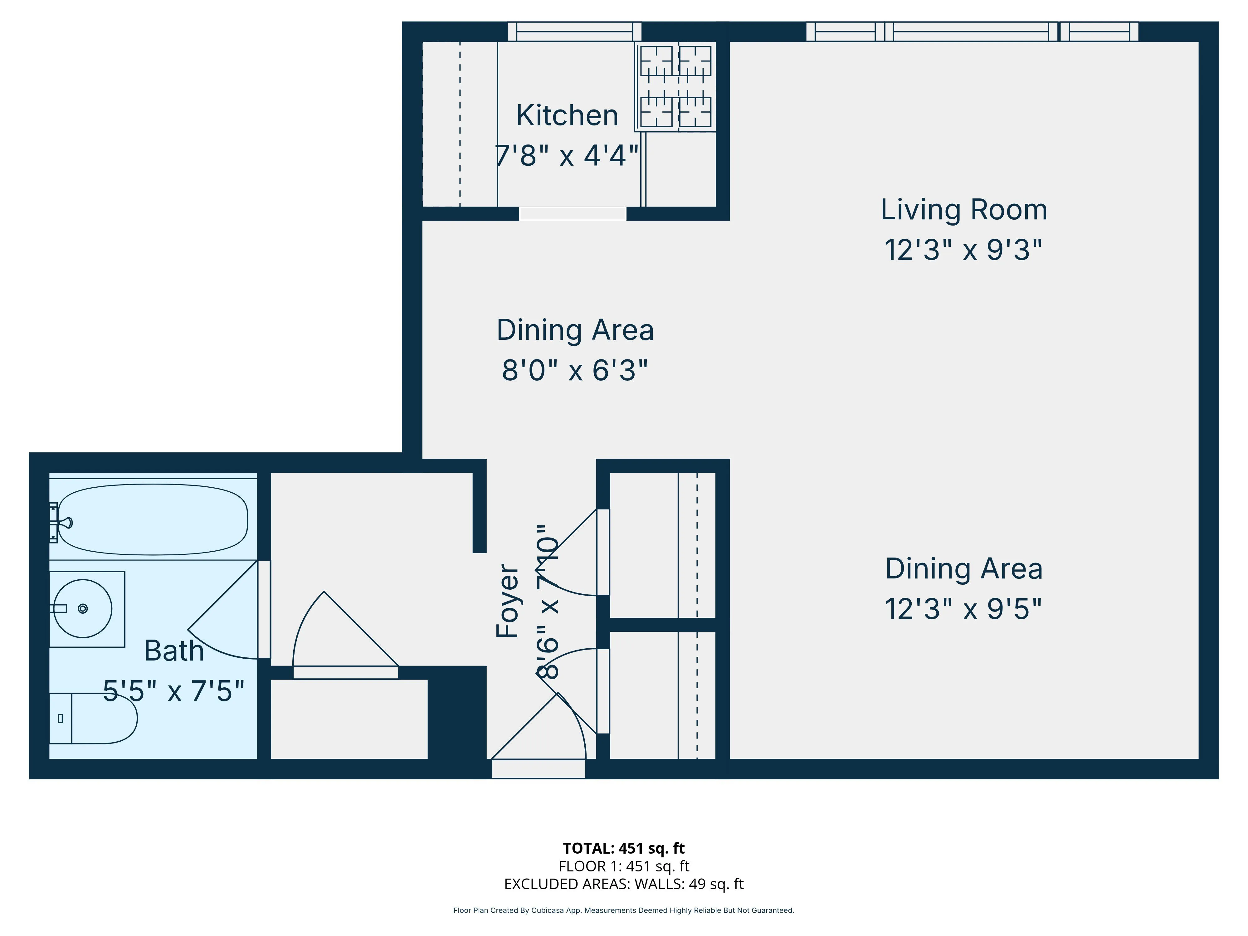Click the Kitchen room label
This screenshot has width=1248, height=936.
(567, 116)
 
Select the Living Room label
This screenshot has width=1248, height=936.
(964, 210)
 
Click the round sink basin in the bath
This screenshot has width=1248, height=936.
(83, 608)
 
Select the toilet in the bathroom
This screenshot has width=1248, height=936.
(96, 718)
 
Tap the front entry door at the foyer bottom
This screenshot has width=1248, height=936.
(539, 768)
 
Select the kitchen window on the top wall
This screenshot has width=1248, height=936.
(574, 32)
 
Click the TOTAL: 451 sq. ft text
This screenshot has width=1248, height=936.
(623, 848)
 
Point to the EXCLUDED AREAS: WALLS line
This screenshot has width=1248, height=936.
(623, 884)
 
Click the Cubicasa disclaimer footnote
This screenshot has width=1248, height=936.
(623, 910)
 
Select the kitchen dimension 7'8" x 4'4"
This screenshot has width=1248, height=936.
(567, 155)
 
